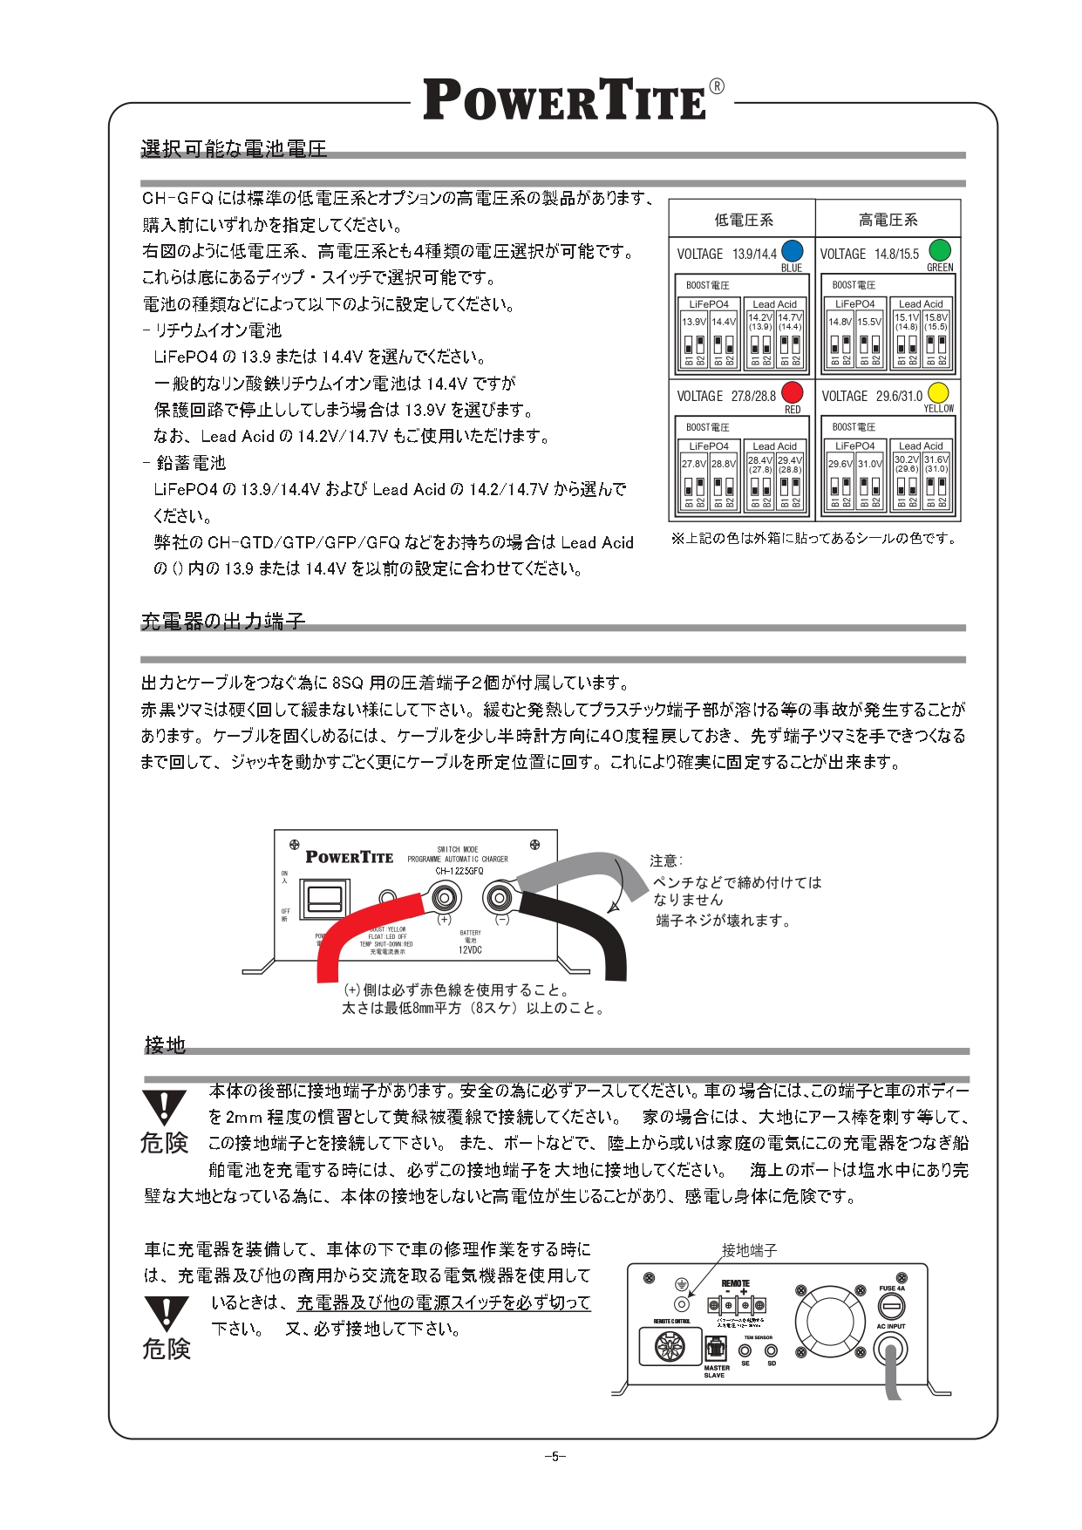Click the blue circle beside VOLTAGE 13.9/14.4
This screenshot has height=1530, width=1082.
792,250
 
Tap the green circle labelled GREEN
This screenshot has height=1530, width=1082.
939,249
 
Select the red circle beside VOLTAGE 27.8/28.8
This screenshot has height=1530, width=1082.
792,392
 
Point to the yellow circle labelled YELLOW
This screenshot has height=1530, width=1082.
938,392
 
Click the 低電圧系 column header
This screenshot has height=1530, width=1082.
743,220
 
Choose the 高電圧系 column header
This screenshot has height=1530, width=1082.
888,220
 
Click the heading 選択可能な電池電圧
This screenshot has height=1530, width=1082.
234,149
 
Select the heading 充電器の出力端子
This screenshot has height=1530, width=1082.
223,621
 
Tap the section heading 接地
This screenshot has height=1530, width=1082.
165,1044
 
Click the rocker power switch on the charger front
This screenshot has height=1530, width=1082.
321,898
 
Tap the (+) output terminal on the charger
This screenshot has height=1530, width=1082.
444,896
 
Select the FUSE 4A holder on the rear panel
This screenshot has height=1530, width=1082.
891,1306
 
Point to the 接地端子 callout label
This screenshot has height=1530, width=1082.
749,1250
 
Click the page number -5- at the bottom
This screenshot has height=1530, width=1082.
555,1456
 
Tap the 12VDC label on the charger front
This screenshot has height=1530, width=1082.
470,950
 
